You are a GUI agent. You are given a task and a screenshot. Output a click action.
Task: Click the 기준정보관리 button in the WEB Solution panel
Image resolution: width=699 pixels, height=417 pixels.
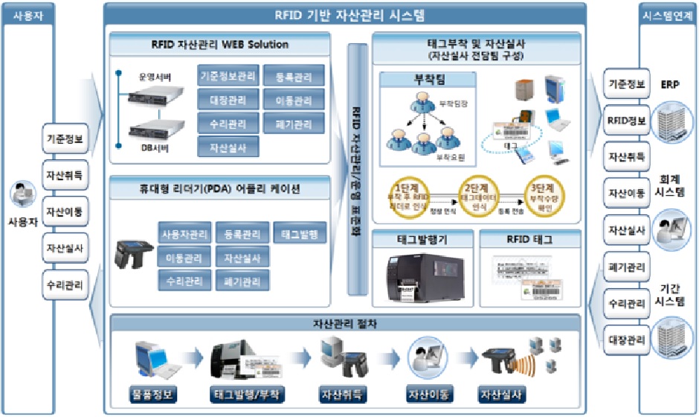[228, 75]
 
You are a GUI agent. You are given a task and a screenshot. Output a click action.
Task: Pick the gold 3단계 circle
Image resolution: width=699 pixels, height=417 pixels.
[541, 196]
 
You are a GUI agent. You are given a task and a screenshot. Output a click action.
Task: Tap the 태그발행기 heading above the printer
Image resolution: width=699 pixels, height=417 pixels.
[421, 240]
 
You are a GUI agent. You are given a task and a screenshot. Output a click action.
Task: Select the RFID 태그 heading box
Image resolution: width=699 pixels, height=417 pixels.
[529, 240]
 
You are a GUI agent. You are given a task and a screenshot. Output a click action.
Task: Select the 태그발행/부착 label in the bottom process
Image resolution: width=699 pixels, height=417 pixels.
[248, 394]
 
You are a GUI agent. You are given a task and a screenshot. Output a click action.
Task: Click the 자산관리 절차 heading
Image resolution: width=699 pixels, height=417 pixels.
[345, 325]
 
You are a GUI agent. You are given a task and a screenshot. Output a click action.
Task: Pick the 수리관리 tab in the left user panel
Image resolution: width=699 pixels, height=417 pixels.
[64, 284]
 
